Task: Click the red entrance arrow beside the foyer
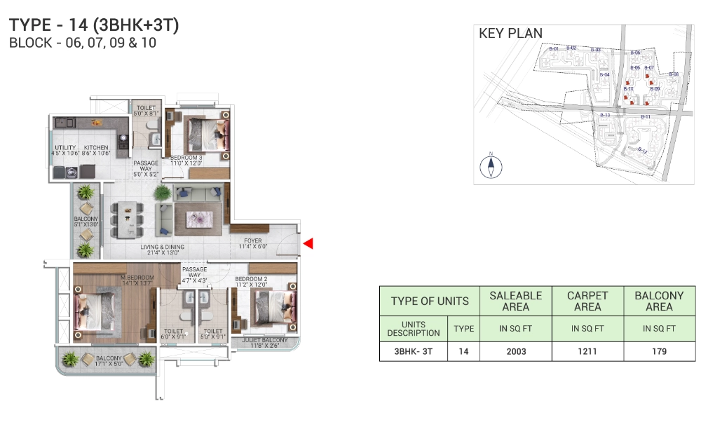[308, 244]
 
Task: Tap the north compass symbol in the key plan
[491, 165]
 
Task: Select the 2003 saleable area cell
[515, 351]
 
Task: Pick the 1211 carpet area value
[587, 351]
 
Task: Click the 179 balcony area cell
[659, 351]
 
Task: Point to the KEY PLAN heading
[510, 33]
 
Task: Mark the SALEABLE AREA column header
[515, 301]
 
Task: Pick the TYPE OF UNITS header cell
[429, 301]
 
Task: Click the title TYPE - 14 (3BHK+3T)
[94, 25]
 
